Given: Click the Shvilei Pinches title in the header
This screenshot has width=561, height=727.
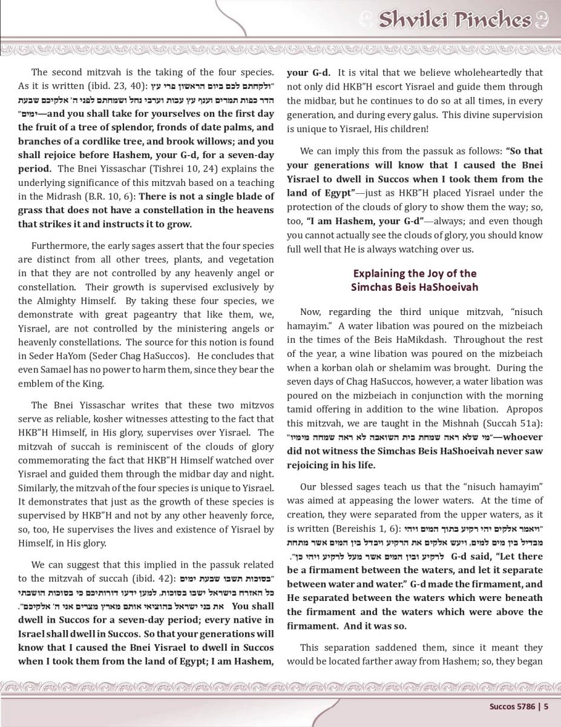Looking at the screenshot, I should [454, 21].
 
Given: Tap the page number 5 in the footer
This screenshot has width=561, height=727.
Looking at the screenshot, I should [546, 705].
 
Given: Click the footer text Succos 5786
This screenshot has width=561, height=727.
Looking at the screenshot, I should [514, 705].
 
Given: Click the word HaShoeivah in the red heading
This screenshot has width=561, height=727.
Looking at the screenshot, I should [448, 287].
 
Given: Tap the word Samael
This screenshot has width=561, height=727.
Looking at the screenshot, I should [61, 369].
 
